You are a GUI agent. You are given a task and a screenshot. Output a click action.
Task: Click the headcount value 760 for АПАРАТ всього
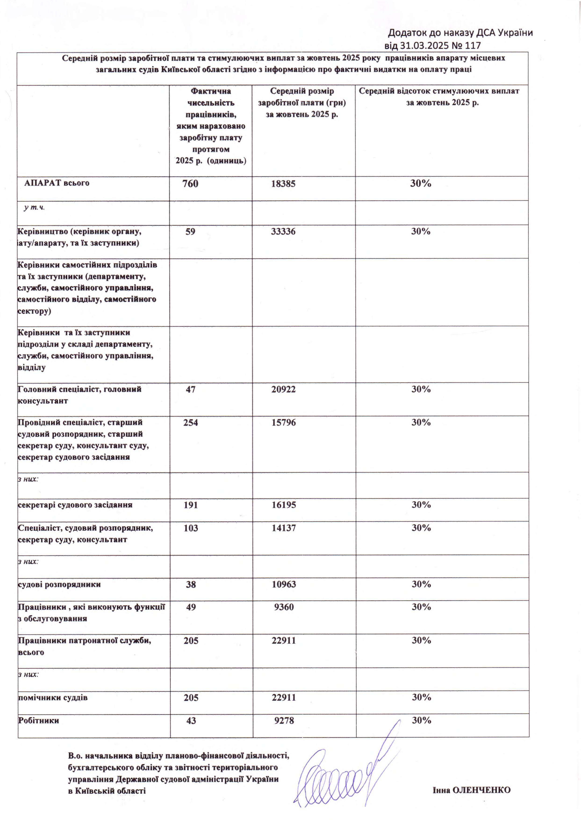pos(190,184)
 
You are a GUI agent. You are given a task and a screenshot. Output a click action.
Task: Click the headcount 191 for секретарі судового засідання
pos(191,505)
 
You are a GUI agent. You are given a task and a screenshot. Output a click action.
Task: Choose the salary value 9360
pos(284,607)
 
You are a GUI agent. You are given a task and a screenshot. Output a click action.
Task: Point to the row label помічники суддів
pos(53,698)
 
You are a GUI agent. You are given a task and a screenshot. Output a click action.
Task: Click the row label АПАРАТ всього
pos(57,183)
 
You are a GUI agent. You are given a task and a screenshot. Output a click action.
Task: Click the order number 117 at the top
pos(473,45)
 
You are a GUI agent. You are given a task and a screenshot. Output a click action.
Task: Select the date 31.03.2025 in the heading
pos(425,45)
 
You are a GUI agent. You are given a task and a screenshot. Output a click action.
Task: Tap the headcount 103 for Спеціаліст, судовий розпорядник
pos(191,528)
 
